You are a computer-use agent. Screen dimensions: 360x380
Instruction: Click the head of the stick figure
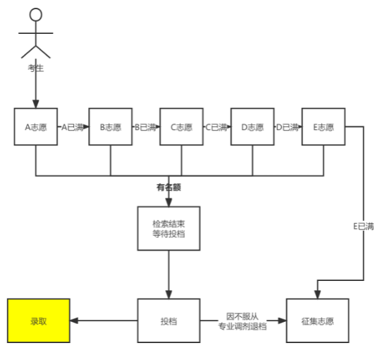[x=35, y=15]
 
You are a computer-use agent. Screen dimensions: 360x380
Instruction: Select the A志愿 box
[x=36, y=127]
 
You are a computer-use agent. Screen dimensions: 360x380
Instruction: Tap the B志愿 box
[x=110, y=127]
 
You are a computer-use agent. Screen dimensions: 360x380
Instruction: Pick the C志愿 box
[x=181, y=127]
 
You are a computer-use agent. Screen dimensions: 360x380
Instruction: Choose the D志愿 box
[x=252, y=127]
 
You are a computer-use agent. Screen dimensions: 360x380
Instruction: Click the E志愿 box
[x=323, y=127]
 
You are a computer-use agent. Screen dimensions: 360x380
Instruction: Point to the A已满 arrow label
[x=73, y=127]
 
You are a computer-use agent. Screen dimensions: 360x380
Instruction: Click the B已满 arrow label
[x=146, y=127]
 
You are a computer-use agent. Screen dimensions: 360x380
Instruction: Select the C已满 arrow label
[x=216, y=127]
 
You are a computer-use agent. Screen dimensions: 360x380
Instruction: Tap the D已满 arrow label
[x=288, y=127]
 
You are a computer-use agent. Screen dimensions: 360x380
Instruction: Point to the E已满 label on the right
[x=364, y=226]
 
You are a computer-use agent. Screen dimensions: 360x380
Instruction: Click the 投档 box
[x=168, y=320]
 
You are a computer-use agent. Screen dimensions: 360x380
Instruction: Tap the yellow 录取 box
[x=39, y=320]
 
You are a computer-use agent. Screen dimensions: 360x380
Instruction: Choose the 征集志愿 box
[x=317, y=320]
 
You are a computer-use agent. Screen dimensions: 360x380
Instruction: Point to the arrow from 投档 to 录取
[x=104, y=320]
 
